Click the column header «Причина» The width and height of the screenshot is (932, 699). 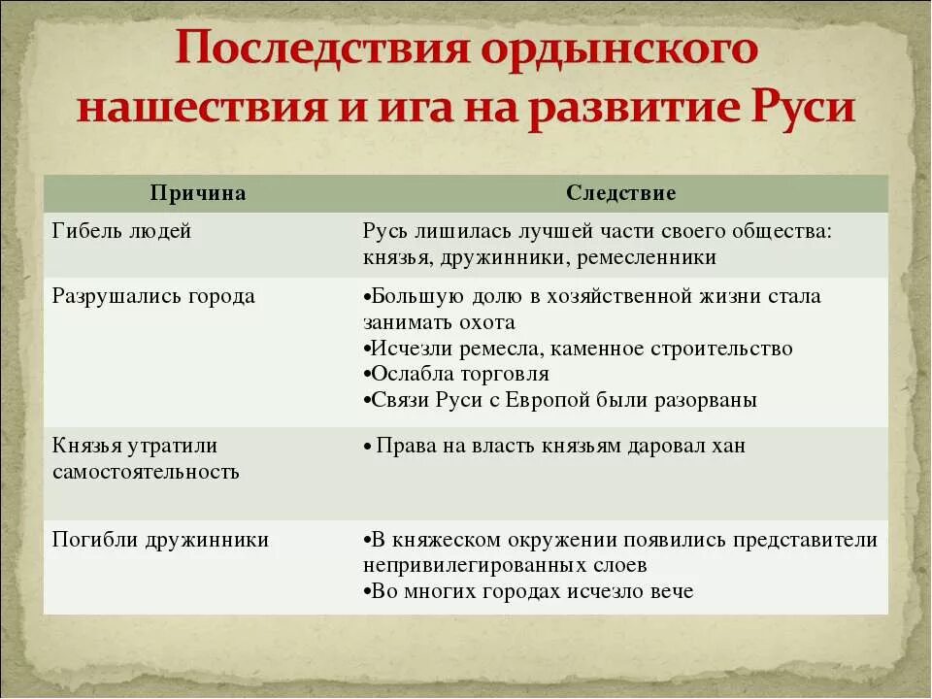198,193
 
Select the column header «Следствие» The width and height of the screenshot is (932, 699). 621,193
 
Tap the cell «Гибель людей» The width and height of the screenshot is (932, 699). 121,231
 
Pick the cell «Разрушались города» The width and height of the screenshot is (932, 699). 153,296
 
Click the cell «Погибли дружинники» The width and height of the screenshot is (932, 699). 160,540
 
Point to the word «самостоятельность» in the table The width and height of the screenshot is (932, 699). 146,472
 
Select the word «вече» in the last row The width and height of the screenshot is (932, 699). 672,591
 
